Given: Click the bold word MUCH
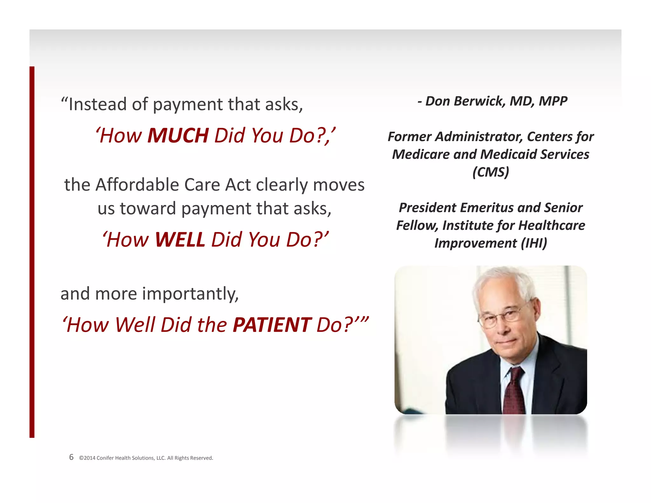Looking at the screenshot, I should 178,136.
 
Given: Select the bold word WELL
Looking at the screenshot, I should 180,240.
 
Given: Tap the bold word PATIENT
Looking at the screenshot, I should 272,325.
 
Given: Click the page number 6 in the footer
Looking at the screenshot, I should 71,457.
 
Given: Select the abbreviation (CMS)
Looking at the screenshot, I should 490,172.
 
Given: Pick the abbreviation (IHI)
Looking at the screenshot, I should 534,243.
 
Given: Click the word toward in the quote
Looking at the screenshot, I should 148,209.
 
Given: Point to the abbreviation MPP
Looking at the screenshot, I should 553,101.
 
